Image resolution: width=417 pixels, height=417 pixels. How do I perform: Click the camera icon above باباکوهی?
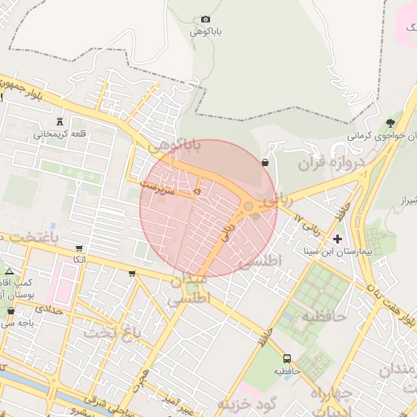coord(205,20)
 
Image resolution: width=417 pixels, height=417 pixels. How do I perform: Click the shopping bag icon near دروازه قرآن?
coord(266,163)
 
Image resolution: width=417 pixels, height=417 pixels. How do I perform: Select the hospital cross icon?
coord(338,239)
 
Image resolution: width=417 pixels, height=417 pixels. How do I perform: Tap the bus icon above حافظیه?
coord(287,358)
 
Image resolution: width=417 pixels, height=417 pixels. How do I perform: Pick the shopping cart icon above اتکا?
coord(79,248)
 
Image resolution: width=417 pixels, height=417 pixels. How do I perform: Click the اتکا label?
coord(79,260)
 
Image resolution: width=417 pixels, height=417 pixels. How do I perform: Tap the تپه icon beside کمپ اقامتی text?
coord(9,271)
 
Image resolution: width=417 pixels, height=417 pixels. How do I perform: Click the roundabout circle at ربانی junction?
coord(248,206)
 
